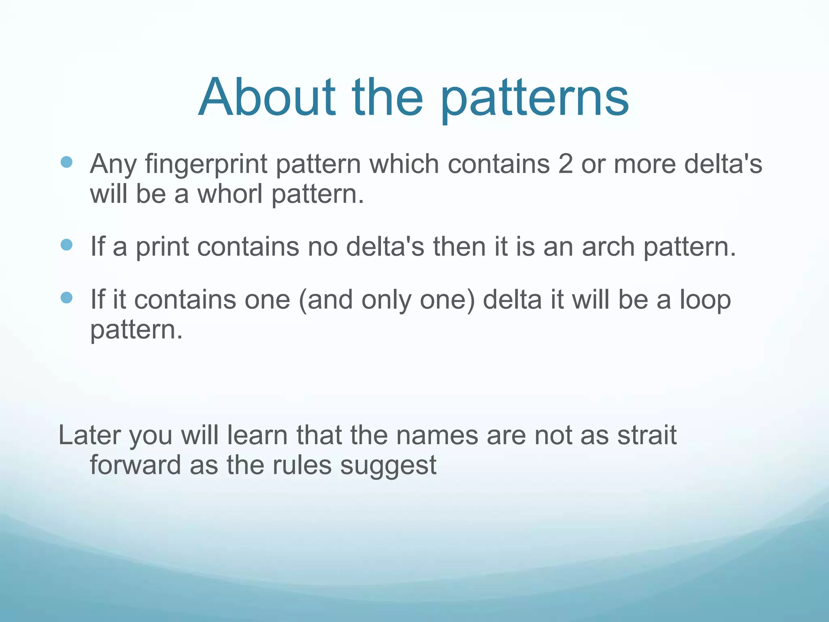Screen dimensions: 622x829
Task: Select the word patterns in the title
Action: click(534, 99)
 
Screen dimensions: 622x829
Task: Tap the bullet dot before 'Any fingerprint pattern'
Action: click(66, 162)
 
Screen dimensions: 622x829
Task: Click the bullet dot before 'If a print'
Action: click(66, 245)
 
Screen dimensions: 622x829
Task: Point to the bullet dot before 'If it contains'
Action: click(66, 298)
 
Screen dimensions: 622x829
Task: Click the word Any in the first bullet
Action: click(113, 165)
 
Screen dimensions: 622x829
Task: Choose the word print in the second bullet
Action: click(162, 248)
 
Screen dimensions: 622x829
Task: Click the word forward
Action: click(135, 465)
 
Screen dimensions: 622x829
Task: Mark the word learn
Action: click(257, 435)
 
